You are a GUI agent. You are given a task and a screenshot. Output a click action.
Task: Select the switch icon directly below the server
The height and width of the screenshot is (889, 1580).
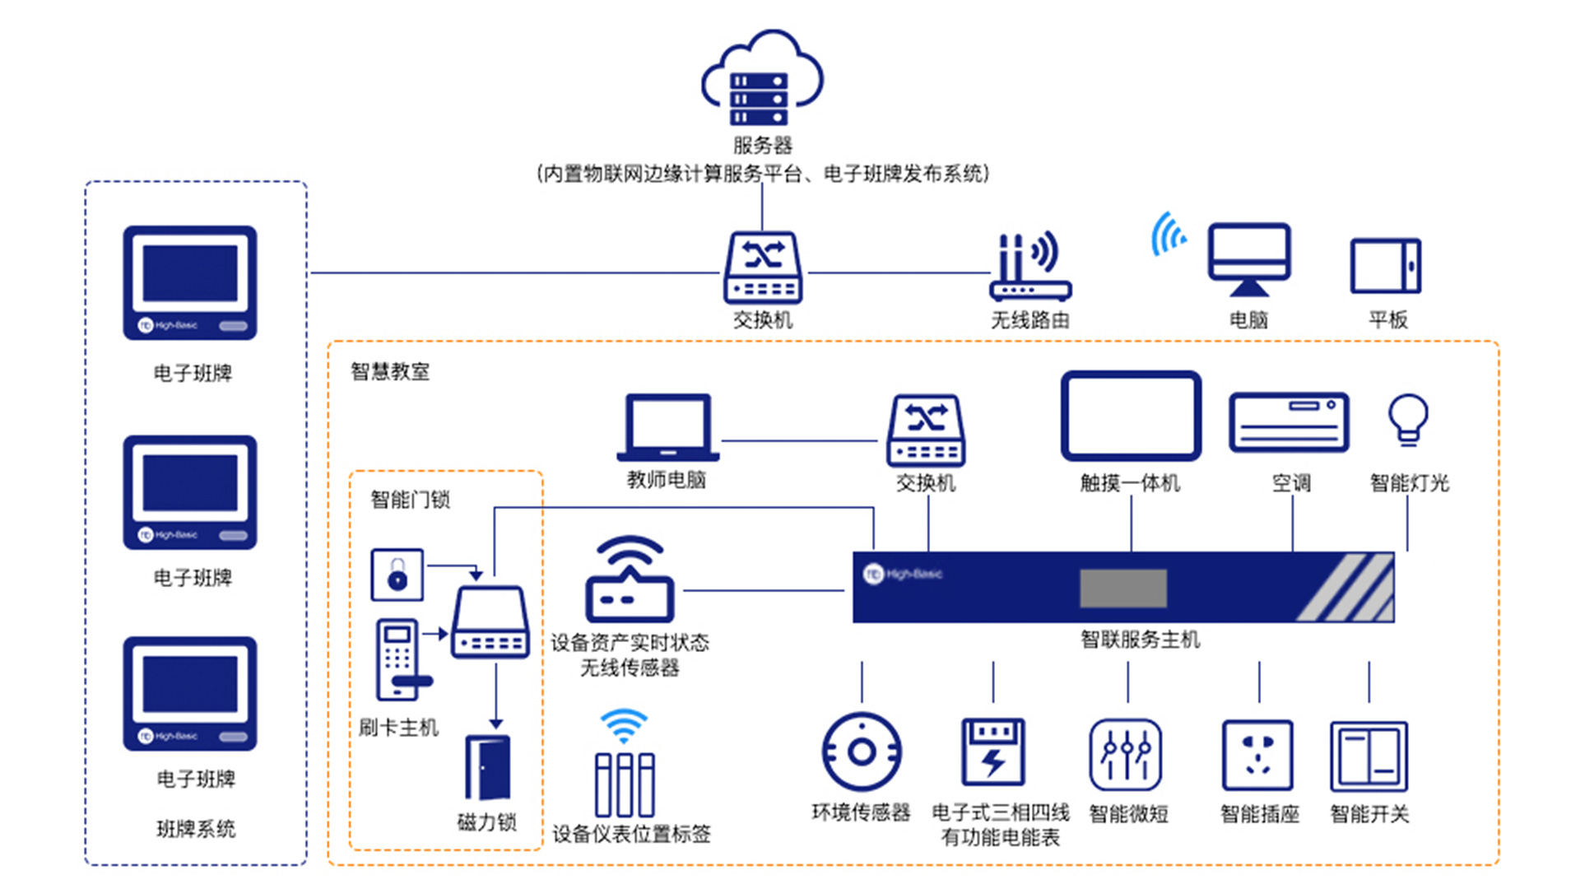pyautogui.click(x=763, y=268)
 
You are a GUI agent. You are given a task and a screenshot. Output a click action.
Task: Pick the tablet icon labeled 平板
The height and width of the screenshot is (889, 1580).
pyautogui.click(x=1386, y=266)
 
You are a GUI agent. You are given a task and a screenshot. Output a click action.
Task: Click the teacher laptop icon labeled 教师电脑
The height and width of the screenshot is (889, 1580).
pyautogui.click(x=667, y=427)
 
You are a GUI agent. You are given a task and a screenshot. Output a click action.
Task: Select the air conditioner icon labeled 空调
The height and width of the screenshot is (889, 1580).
pyautogui.click(x=1289, y=422)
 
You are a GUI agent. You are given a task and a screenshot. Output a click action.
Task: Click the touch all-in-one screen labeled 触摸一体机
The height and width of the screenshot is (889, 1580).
pyautogui.click(x=1131, y=416)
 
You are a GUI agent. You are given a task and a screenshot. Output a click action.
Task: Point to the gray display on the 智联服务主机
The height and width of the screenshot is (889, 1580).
pyautogui.click(x=1123, y=588)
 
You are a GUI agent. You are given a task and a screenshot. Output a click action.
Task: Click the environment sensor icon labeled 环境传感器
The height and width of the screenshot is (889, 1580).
pyautogui.click(x=861, y=752)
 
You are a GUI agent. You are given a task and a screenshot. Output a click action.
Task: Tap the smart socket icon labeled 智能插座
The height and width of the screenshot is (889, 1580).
pyautogui.click(x=1257, y=755)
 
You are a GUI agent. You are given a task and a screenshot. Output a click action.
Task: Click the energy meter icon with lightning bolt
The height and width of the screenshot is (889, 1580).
pyautogui.click(x=993, y=752)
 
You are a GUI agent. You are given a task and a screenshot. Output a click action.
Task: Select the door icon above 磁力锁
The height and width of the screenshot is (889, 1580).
pyautogui.click(x=488, y=767)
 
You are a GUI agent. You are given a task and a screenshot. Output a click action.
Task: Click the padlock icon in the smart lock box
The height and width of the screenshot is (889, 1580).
pyautogui.click(x=397, y=575)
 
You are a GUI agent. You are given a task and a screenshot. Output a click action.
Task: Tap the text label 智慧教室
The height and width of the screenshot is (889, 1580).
pyautogui.click(x=390, y=371)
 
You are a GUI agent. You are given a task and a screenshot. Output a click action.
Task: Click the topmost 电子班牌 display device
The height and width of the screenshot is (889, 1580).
pyautogui.click(x=190, y=282)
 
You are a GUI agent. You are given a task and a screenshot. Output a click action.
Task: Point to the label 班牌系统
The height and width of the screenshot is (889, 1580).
pyautogui.click(x=196, y=828)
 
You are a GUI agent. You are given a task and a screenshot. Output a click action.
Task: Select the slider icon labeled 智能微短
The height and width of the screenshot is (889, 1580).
pyautogui.click(x=1125, y=755)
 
